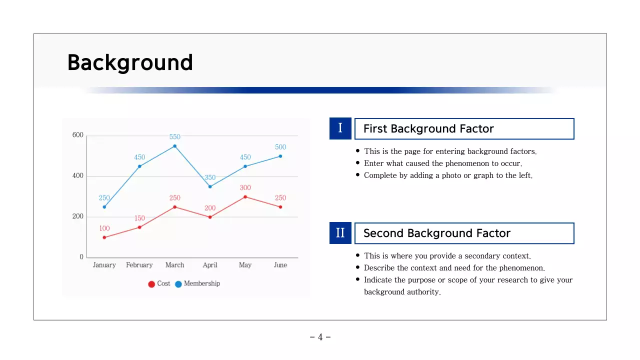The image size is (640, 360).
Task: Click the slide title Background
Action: click(x=130, y=63)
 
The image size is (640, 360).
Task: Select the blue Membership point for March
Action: click(x=174, y=146)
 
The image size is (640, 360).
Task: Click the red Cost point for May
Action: click(x=245, y=196)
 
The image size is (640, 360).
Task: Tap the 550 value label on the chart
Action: click(x=174, y=136)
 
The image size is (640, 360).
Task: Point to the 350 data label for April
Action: click(x=210, y=177)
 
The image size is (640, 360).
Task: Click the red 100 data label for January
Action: click(x=104, y=228)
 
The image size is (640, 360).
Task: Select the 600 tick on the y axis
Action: click(x=78, y=135)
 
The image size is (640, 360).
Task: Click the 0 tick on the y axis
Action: click(x=81, y=257)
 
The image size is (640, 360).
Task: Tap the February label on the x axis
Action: click(x=139, y=265)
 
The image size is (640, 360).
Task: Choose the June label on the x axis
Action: click(x=280, y=265)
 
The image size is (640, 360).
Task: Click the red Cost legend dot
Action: click(x=151, y=284)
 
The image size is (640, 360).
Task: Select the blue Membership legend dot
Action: click(x=178, y=284)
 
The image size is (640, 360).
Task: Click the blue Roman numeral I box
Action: click(x=340, y=128)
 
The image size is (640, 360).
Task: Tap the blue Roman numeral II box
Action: click(x=340, y=233)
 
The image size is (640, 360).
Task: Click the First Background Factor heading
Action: click(x=428, y=129)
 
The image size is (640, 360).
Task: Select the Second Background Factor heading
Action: click(x=436, y=233)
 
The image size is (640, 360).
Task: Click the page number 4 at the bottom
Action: click(x=320, y=337)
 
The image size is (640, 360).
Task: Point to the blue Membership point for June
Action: click(x=280, y=156)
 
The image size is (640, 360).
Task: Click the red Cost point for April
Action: click(x=210, y=217)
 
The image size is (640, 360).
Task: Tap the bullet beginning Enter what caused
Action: click(x=442, y=163)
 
